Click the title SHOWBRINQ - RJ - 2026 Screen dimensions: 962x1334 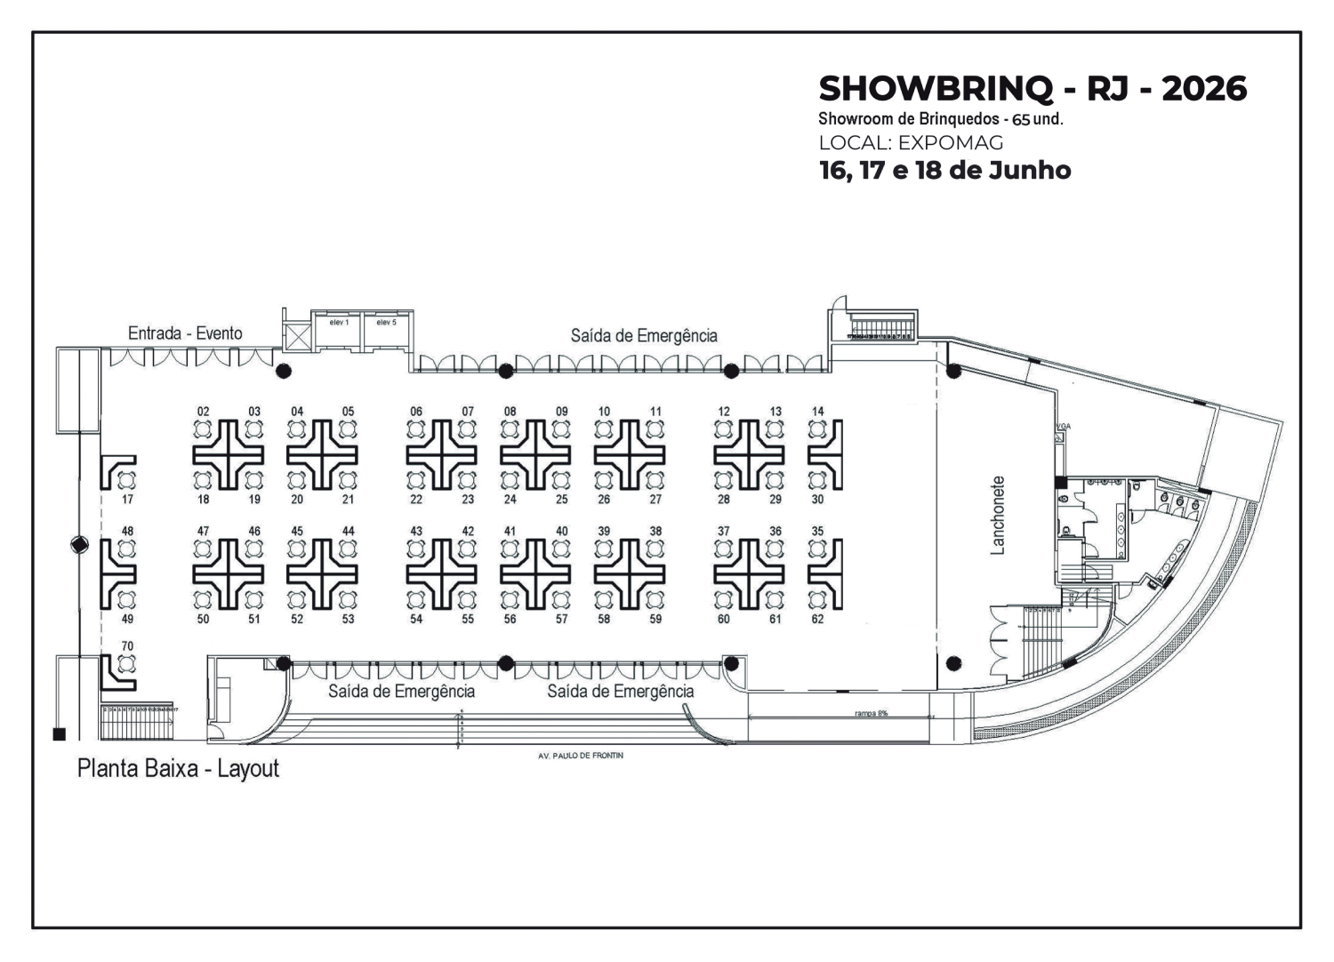[1033, 89]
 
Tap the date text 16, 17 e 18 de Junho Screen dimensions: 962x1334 [944, 170]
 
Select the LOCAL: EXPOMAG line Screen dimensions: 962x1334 [911, 142]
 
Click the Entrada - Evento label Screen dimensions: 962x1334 [185, 333]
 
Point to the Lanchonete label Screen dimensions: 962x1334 [998, 516]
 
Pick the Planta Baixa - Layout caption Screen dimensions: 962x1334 [178, 768]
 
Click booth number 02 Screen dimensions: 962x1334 [204, 412]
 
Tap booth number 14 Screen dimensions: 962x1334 [817, 412]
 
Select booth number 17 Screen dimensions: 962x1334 [127, 500]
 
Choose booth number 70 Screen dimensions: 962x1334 [127, 646]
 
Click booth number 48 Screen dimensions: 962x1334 [127, 532]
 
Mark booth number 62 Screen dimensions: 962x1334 [817, 620]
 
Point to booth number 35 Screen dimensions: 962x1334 [817, 532]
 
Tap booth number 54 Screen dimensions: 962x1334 [416, 620]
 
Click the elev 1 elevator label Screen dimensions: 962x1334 [339, 322]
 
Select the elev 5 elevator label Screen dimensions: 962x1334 [386, 322]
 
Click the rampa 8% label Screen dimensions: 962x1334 [872, 713]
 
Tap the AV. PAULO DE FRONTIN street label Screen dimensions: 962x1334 [581, 756]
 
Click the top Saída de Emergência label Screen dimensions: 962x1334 [644, 336]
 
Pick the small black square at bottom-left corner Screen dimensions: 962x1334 [60, 734]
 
